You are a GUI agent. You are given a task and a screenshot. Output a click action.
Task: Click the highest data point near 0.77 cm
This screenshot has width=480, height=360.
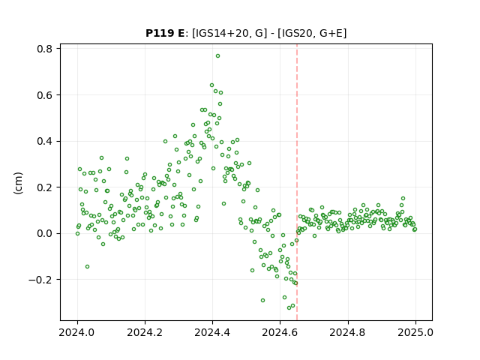point(217,56)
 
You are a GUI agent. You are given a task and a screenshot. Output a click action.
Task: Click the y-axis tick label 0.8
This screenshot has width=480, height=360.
point(44,49)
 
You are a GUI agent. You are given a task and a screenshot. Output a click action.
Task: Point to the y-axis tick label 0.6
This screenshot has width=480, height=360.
point(44,95)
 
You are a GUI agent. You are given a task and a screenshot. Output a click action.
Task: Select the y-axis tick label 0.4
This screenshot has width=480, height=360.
point(44,142)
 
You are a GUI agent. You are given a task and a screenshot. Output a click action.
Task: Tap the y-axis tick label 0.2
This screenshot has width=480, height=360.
point(44,187)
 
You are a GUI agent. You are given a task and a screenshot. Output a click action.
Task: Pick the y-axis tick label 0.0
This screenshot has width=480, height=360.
point(44,233)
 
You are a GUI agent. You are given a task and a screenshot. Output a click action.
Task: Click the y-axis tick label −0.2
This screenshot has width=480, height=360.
point(40,280)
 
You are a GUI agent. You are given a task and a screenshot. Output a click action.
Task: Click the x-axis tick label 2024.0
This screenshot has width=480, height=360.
point(77,332)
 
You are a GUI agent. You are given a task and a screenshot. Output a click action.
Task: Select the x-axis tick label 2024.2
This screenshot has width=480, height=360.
point(145,332)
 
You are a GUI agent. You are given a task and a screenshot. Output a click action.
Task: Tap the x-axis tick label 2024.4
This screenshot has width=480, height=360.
point(212,332)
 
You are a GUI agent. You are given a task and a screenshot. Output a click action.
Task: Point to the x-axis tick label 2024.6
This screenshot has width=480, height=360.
point(280,332)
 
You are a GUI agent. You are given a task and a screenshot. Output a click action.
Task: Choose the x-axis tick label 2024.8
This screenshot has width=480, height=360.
point(348,332)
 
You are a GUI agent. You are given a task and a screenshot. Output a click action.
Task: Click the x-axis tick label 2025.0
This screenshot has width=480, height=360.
point(415,332)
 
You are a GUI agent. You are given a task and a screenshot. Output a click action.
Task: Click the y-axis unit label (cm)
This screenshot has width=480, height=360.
point(18,183)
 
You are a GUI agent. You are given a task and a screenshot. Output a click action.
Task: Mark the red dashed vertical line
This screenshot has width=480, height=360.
point(297,182)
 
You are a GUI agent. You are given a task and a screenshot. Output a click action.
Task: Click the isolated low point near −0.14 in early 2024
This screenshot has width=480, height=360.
point(87,267)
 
